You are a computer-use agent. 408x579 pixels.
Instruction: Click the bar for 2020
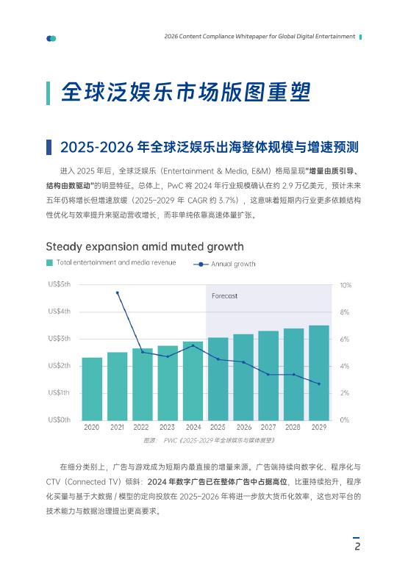point(92,389)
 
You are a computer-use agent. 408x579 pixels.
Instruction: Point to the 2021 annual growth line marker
point(117,292)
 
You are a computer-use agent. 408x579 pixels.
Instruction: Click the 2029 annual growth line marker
point(319,384)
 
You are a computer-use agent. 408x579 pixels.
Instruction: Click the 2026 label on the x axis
point(243,427)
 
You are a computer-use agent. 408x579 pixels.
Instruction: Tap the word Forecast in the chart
point(224,295)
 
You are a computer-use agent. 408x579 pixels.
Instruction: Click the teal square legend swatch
point(49,262)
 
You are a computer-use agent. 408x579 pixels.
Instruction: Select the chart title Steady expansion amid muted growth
point(145,246)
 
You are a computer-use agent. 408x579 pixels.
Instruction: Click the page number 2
point(357,547)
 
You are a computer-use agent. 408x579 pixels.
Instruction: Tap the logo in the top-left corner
point(51,38)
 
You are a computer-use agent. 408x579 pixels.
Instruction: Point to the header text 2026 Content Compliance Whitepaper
point(260,36)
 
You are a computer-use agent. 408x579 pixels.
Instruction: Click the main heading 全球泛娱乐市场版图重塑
point(186,93)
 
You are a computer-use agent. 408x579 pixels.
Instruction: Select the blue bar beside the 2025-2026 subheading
point(49,147)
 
